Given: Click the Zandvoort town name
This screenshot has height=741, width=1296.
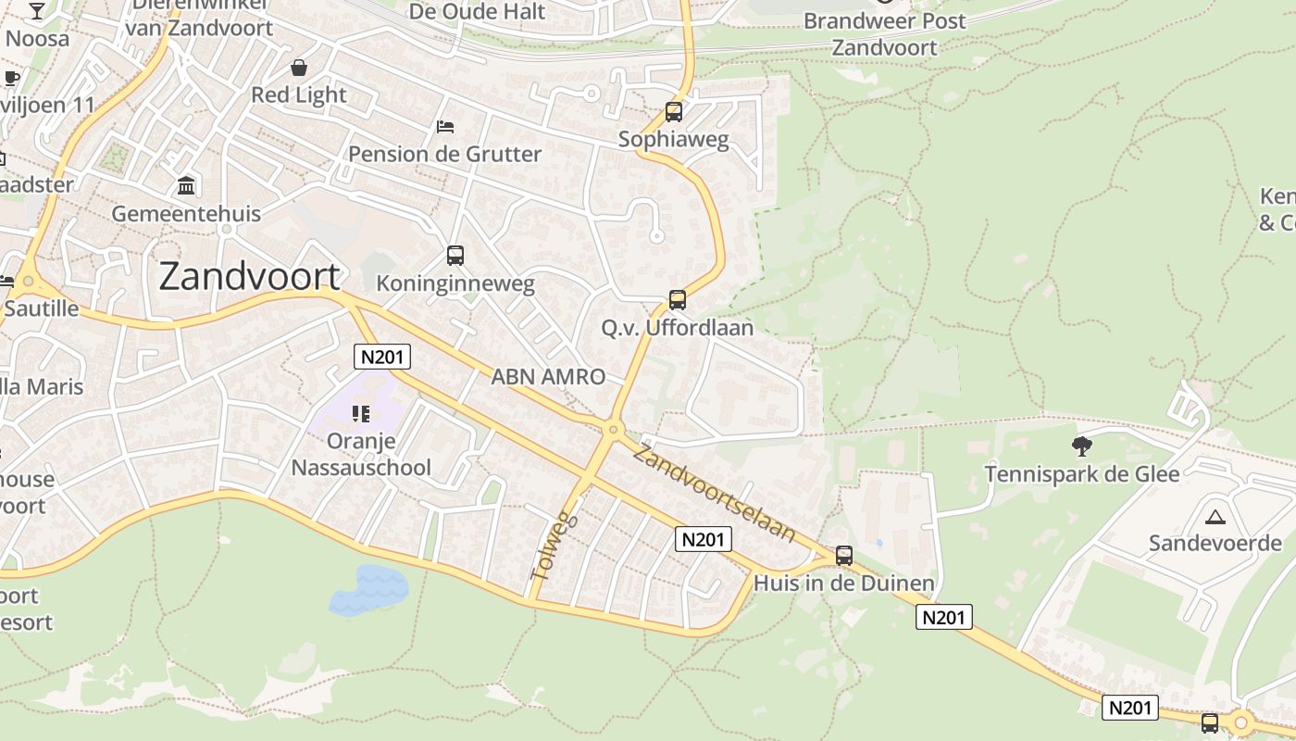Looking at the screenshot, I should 250,277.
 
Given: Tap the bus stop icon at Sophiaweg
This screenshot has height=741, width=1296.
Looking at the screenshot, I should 674,112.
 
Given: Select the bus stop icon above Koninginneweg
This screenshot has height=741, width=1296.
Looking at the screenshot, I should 455,255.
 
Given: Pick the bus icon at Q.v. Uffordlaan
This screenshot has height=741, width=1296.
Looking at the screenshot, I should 678,299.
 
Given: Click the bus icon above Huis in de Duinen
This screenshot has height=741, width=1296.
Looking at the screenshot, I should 844,555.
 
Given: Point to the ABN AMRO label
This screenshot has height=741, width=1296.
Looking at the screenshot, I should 548,376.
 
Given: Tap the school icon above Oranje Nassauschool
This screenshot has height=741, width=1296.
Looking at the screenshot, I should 360,414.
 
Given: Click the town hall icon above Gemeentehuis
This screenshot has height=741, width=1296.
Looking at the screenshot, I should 186,185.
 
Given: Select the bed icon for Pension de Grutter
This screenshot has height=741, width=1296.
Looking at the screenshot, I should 445,126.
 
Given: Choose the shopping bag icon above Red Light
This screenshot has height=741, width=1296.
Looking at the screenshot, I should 299,68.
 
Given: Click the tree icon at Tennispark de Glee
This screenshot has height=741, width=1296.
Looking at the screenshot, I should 1081,446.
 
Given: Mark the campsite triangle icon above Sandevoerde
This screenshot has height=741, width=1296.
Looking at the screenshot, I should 1215,516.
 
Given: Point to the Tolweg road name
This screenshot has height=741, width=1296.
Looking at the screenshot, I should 555,546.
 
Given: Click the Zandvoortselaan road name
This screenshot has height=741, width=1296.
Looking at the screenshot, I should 715,494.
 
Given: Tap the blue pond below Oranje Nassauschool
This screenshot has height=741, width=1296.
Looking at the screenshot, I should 368,590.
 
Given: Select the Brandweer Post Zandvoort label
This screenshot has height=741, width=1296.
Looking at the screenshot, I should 884,33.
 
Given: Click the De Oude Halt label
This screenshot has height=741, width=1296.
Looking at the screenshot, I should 477,11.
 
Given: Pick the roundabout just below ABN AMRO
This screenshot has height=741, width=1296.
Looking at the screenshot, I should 612,430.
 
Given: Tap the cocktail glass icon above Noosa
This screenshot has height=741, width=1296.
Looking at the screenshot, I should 37,11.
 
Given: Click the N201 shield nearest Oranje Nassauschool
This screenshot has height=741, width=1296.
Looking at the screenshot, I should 382,357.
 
